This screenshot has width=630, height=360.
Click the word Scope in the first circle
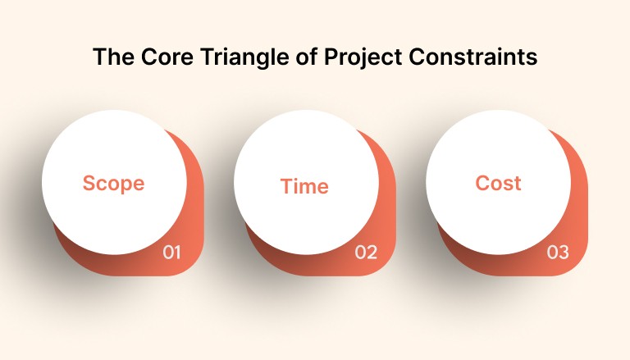[113, 183]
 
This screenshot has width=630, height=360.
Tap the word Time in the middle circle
[304, 186]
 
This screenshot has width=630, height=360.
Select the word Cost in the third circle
[498, 183]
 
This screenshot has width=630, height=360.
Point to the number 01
[171, 253]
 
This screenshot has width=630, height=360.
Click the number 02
[366, 253]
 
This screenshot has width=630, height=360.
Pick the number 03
[558, 253]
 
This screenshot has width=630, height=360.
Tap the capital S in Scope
[88, 183]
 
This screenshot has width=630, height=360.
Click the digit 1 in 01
[177, 253]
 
